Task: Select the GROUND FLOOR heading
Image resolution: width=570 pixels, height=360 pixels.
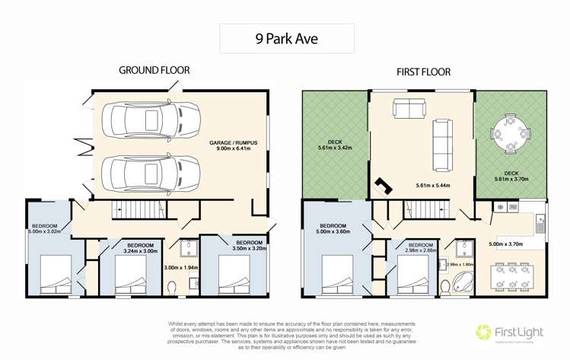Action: pyautogui.click(x=154, y=70)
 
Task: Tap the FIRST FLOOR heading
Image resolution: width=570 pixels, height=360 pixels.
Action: pyautogui.click(x=423, y=73)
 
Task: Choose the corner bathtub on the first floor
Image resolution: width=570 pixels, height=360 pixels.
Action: pyautogui.click(x=462, y=282)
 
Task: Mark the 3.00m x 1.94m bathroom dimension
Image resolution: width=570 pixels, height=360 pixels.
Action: pyautogui.click(x=180, y=268)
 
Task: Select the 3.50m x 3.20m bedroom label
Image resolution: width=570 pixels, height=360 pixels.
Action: pyautogui.click(x=248, y=245)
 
